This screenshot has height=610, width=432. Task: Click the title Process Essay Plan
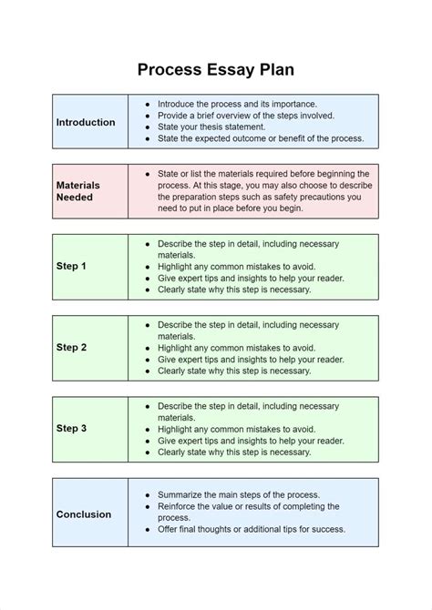pyautogui.click(x=216, y=69)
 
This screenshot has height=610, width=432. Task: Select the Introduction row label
pyautogui.click(x=86, y=122)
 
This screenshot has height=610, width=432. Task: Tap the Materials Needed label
pyautogui.click(x=77, y=191)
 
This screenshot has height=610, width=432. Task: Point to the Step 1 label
pyautogui.click(x=71, y=266)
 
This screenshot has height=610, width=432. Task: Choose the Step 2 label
pyautogui.click(x=71, y=347)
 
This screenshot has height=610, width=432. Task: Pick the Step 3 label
pyautogui.click(x=71, y=429)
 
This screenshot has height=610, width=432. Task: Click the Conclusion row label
pyautogui.click(x=84, y=514)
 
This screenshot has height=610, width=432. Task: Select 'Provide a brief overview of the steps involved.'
pyautogui.click(x=246, y=116)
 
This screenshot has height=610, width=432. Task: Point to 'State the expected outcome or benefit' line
pyautogui.click(x=261, y=138)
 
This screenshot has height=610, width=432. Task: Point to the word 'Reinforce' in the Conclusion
pyautogui.click(x=179, y=506)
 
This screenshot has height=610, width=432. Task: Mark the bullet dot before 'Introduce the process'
pyautogui.click(x=148, y=105)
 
